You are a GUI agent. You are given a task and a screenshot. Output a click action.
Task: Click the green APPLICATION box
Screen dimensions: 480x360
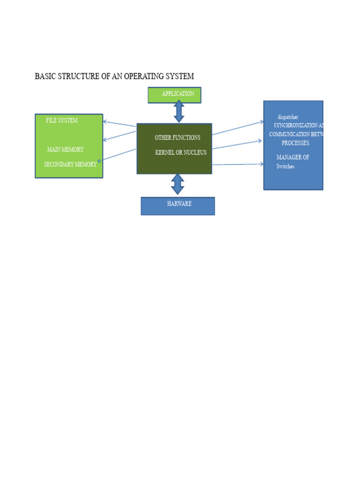click(x=174, y=95)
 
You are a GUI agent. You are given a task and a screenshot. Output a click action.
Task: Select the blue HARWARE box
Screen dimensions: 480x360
click(x=178, y=206)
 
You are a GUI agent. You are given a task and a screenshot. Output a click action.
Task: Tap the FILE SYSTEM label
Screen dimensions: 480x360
click(x=62, y=120)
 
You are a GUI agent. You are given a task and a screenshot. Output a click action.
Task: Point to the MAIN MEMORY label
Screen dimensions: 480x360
click(x=65, y=150)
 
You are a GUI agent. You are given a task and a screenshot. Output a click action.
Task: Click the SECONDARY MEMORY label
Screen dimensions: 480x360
click(x=70, y=165)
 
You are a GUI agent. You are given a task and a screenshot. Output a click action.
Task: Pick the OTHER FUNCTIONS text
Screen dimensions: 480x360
click(x=177, y=138)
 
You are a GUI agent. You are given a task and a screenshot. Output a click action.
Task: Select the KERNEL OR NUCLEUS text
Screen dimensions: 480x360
click(x=180, y=153)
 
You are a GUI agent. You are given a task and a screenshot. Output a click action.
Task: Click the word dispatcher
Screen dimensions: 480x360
click(x=288, y=117)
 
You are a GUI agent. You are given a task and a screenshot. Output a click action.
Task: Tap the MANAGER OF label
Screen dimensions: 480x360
click(x=292, y=157)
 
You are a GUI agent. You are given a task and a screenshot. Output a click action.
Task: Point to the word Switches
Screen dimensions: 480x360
click(x=285, y=166)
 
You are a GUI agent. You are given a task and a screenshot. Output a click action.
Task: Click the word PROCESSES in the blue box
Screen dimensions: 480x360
click(x=295, y=143)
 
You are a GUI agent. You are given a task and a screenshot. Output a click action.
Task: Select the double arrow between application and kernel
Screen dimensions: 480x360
click(x=179, y=112)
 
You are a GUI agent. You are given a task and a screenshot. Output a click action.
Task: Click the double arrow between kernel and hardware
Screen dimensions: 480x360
click(x=178, y=184)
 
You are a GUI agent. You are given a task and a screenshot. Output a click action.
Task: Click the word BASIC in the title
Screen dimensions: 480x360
click(x=45, y=76)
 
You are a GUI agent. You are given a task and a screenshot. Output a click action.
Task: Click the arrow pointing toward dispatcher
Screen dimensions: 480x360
click(x=238, y=128)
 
